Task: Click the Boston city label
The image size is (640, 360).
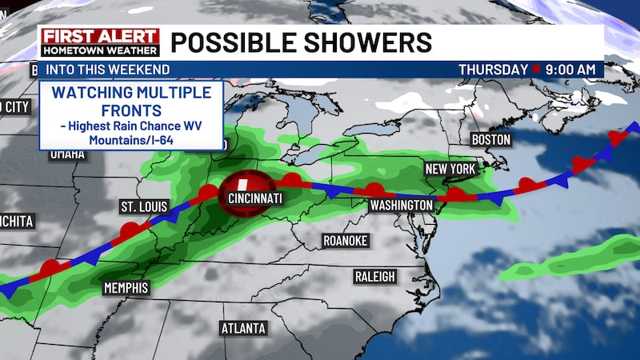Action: click(491, 139)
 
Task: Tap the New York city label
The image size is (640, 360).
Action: click(450, 169)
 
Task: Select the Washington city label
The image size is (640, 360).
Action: click(401, 206)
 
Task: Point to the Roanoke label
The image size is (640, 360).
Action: click(345, 240)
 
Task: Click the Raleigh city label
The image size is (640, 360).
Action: click(374, 276)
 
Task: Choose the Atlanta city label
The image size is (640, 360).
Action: click(243, 328)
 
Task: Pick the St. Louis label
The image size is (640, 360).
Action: click(143, 207)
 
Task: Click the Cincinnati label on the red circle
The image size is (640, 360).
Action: click(254, 198)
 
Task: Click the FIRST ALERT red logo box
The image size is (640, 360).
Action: click(100, 37)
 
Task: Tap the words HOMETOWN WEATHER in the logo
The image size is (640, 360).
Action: click(100, 50)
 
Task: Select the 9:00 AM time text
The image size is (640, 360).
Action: click(570, 70)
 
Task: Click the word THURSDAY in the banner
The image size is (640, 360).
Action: click(493, 70)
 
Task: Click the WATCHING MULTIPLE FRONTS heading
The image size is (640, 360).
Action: click(130, 101)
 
